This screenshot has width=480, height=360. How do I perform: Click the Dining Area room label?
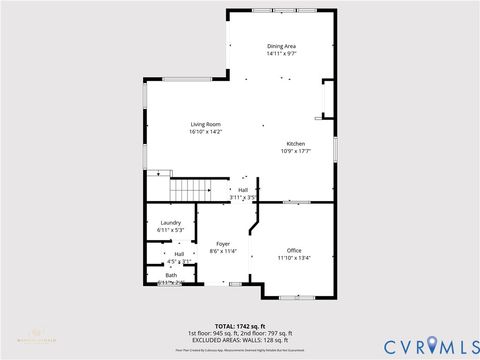tap(281, 46)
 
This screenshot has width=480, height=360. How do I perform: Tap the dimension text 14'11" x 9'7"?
tap(281, 54)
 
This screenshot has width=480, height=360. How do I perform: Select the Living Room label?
tap(205, 124)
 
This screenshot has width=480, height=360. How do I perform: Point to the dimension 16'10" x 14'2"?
tap(205, 132)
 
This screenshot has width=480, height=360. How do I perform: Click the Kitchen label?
tap(296, 143)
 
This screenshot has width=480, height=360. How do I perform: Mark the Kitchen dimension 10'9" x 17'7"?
tap(296, 151)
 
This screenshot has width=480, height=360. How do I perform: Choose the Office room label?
tap(294, 250)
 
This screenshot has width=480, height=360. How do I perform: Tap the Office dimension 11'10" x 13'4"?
tap(294, 258)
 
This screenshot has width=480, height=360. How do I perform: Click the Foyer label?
tap(223, 244)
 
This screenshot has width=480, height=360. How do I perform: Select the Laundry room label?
tap(170, 222)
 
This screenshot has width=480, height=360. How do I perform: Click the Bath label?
tap(171, 275)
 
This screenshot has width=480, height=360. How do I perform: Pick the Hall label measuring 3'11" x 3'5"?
tap(242, 189)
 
